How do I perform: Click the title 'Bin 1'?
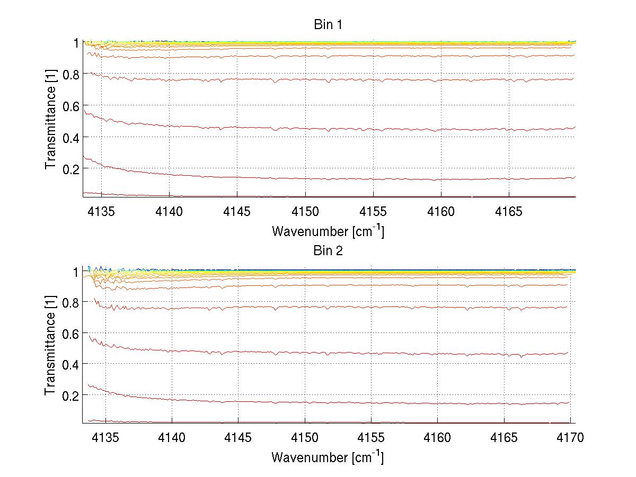pyautogui.click(x=328, y=24)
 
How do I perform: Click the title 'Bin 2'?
pyautogui.click(x=328, y=251)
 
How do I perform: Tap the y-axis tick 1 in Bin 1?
pyautogui.click(x=76, y=43)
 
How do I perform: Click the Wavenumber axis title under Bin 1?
pyautogui.click(x=328, y=231)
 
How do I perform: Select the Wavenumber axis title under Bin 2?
pyautogui.click(x=328, y=457)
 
